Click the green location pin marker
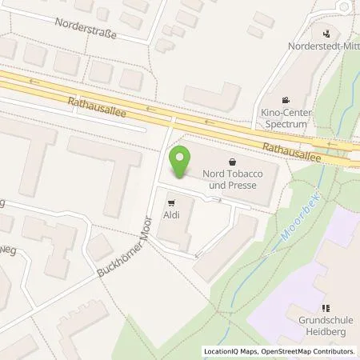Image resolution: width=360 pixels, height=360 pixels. coord(180,162)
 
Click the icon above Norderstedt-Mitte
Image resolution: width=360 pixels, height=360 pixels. coord(326,33)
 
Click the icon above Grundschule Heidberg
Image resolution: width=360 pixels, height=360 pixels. coord(325,308)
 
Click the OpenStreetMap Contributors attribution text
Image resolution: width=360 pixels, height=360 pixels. coord(310,351)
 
